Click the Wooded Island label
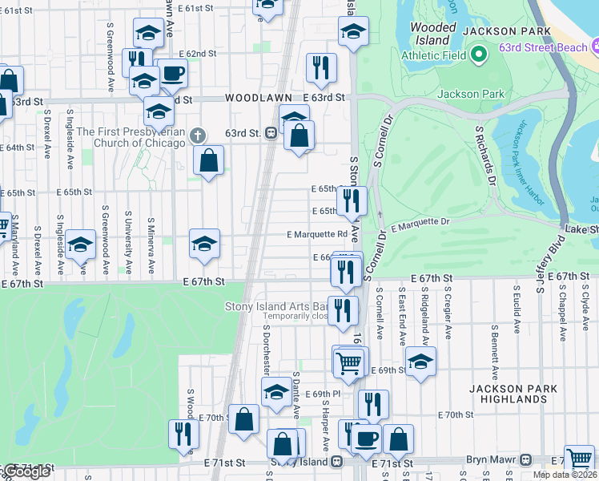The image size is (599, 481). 433,34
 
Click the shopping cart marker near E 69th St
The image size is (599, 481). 348,362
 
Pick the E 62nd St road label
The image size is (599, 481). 198,54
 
